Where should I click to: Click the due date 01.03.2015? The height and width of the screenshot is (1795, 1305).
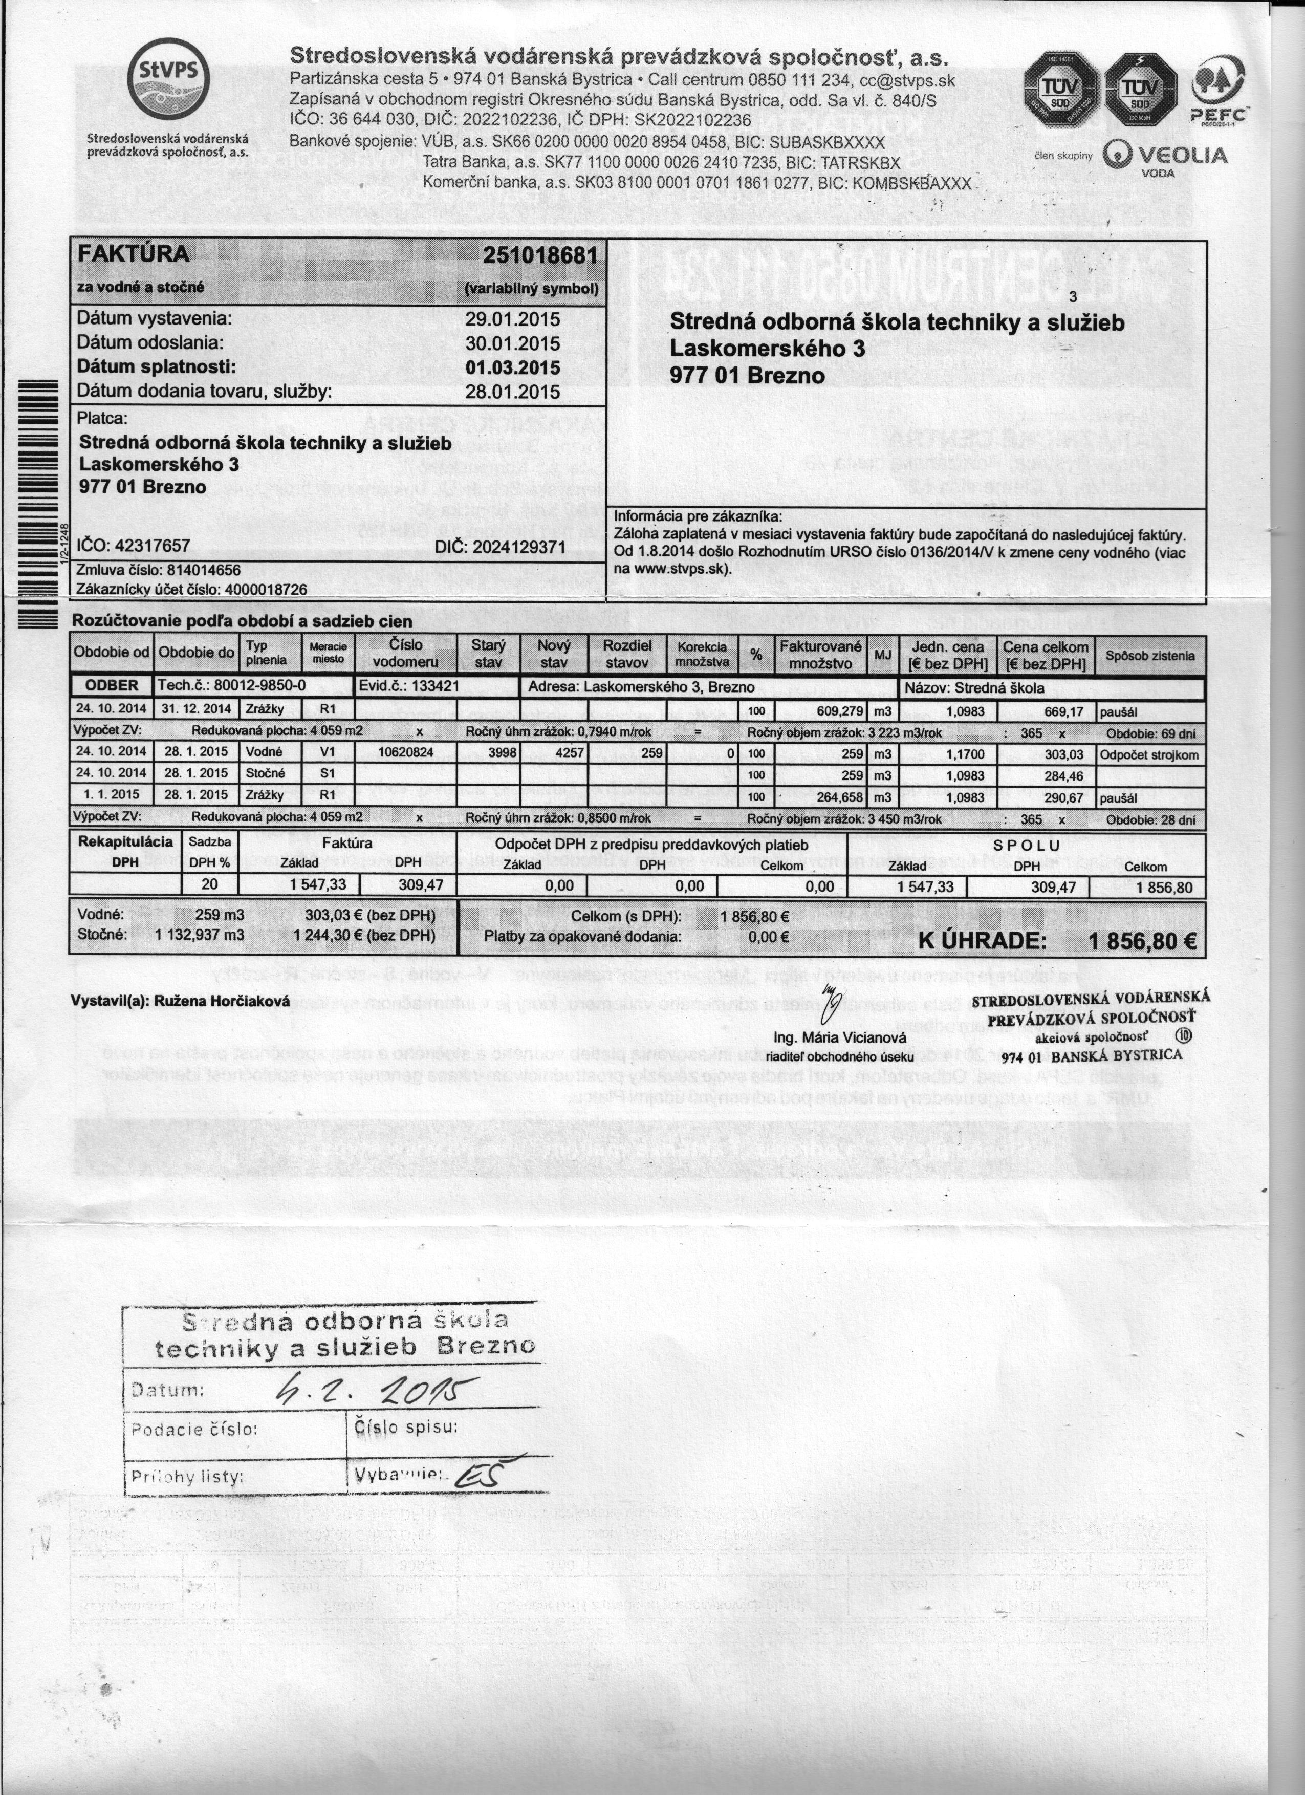[512, 368]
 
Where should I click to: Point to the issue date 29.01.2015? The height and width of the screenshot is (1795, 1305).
[512, 320]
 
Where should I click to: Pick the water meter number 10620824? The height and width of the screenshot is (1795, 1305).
[405, 752]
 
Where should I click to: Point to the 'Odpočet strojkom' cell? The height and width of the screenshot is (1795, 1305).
[1148, 755]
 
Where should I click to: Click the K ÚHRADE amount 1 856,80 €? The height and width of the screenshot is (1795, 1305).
[1140, 942]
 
